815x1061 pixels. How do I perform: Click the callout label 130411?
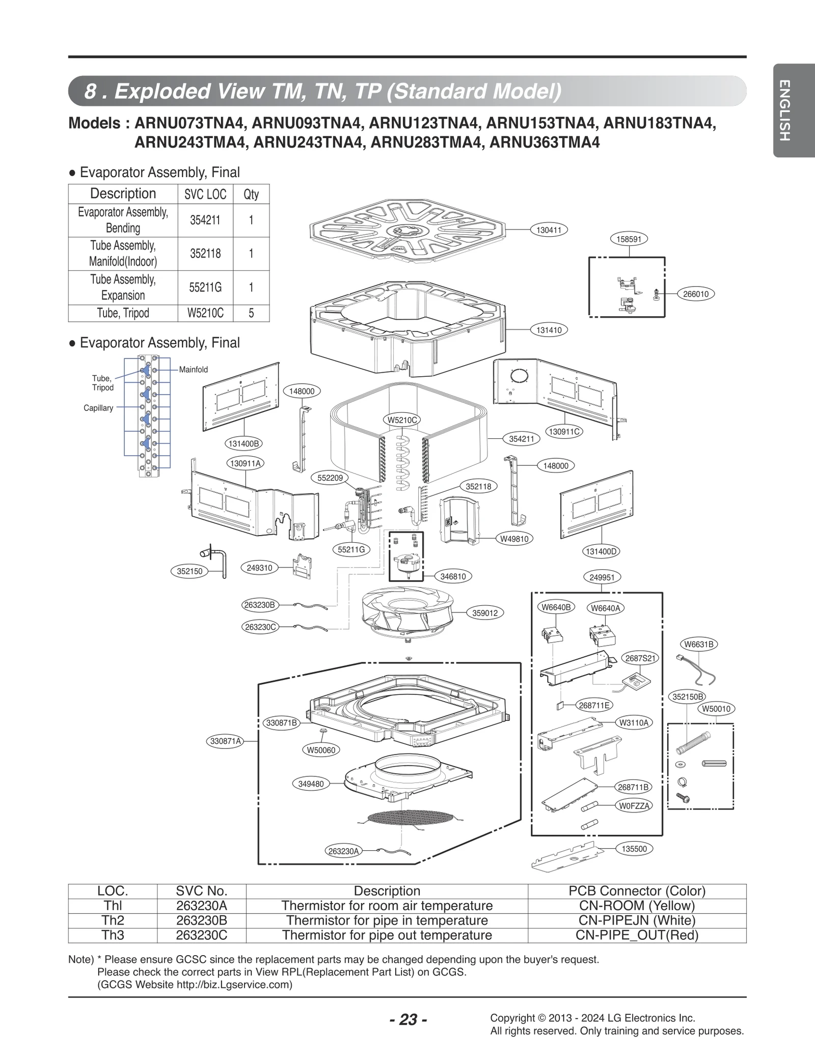pyautogui.click(x=549, y=230)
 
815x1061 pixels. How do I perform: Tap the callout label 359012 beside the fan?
pyautogui.click(x=484, y=613)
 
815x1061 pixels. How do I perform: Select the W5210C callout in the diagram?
pyautogui.click(x=402, y=420)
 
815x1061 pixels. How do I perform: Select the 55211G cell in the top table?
pyautogui.click(x=205, y=288)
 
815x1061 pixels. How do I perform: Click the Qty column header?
pyautogui.click(x=251, y=194)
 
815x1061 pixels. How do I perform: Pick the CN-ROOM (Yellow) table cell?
pyautogui.click(x=637, y=906)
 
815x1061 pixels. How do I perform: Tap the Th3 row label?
pyautogui.click(x=113, y=935)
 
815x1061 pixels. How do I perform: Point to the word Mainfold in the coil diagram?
pyautogui.click(x=193, y=370)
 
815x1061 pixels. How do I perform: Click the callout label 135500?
pyautogui.click(x=634, y=849)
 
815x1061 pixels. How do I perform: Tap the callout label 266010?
pyautogui.click(x=695, y=294)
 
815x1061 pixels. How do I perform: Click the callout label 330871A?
pyautogui.click(x=226, y=741)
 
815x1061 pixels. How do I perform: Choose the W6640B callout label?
pyautogui.click(x=556, y=607)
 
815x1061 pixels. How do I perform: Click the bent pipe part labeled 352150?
pyautogui.click(x=216, y=562)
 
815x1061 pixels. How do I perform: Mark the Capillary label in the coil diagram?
pyautogui.click(x=98, y=408)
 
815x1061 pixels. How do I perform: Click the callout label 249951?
pyautogui.click(x=602, y=577)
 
